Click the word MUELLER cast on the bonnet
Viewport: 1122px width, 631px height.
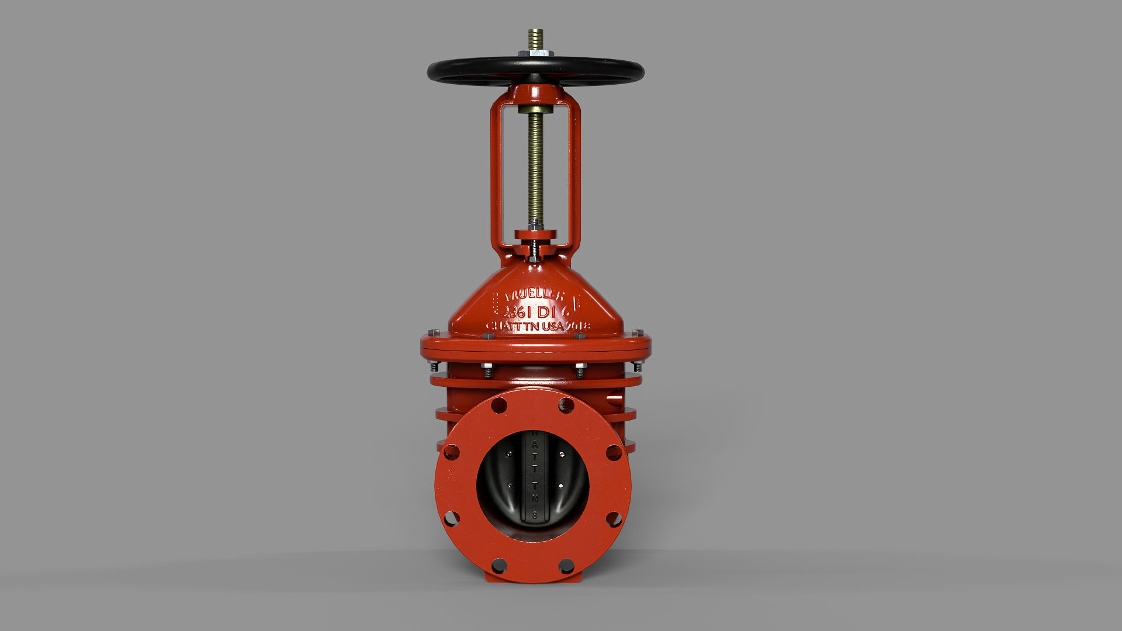point(535,294)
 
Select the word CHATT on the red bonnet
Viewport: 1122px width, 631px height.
point(503,326)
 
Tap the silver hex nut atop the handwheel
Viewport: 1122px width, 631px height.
point(535,54)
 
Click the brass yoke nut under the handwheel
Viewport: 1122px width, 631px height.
point(535,109)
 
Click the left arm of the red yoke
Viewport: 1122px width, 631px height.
point(496,175)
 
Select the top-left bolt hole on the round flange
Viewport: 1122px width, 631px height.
point(498,405)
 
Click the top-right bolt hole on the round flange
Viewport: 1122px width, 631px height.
point(566,405)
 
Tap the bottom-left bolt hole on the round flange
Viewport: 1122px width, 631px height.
point(498,566)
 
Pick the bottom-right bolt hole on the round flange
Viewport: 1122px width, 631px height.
point(566,566)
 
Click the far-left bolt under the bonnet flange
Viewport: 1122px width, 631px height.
point(434,367)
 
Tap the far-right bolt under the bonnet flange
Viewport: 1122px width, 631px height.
point(637,367)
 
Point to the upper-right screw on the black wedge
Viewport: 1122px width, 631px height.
point(562,455)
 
